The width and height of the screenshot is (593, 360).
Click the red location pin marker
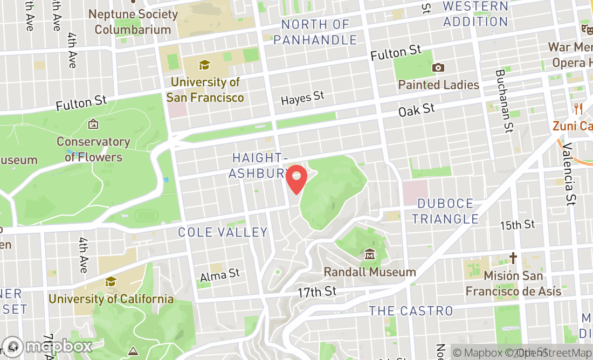pos(296,178)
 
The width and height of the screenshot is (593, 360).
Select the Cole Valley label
pos(223,232)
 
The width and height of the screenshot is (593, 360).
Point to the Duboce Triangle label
pos(446,211)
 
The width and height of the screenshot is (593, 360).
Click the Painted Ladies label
pos(438,85)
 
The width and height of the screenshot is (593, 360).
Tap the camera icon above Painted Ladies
pos(438,68)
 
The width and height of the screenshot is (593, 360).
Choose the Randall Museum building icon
pos(370,254)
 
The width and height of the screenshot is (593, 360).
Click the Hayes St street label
pos(303,98)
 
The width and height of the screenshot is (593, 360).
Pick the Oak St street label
pos(417,110)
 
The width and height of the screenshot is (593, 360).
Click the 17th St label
pos(317,292)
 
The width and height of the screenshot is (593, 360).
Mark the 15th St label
pos(517,224)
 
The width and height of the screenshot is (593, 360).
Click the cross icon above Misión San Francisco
pos(513,258)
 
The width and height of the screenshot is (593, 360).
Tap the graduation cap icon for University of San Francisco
pos(204,65)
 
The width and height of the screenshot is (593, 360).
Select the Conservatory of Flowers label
pos(94,149)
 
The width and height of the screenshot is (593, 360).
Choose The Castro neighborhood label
pos(411,311)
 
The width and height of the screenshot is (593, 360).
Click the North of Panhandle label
pos(315,32)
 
